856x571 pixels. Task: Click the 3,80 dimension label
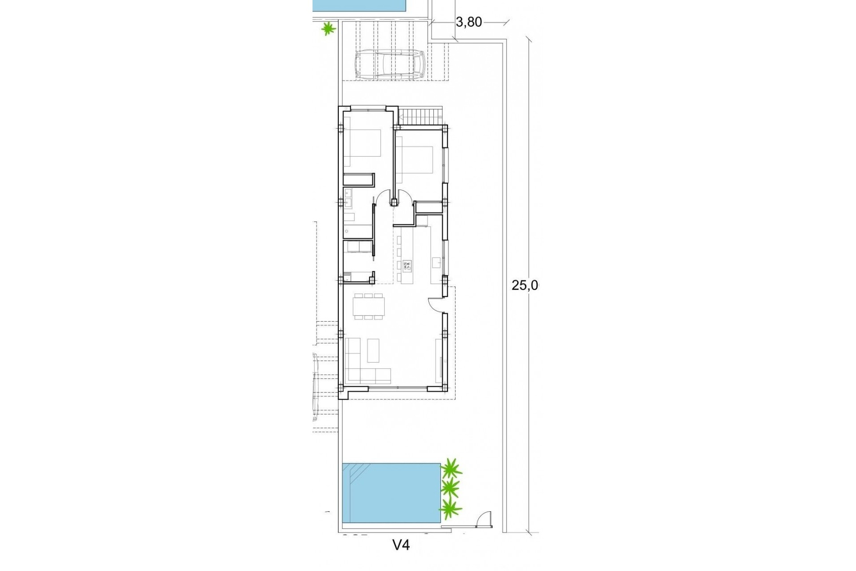[469, 22]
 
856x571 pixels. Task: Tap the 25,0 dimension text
[525, 285]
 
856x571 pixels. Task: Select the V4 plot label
[401, 545]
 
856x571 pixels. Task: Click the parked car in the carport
[390, 65]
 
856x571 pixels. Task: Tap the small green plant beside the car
[329, 29]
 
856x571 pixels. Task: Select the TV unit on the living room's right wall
[440, 357]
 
